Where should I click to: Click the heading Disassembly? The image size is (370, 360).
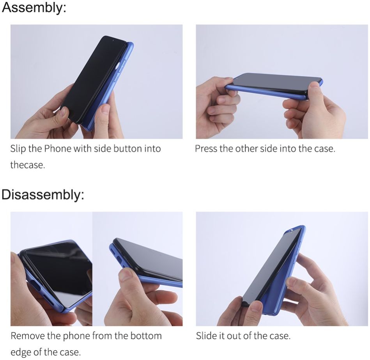pos(43,195)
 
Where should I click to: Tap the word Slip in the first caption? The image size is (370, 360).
pos(18,149)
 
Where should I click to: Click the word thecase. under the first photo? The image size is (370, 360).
pos(28,165)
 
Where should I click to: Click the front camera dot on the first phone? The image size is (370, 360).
pos(113,41)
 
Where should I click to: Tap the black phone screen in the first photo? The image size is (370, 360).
pos(94,78)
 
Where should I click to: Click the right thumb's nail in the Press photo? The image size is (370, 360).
pos(315,85)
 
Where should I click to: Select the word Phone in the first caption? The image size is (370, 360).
pos(58,148)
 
